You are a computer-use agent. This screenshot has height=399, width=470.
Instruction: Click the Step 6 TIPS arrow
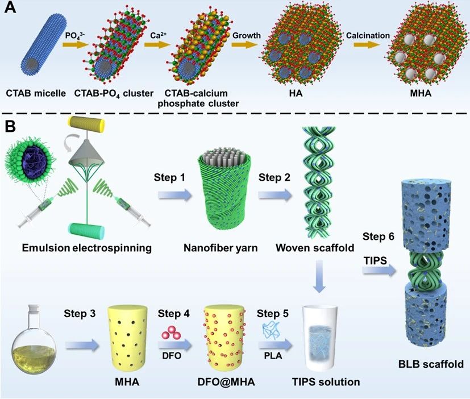[x=380, y=273]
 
